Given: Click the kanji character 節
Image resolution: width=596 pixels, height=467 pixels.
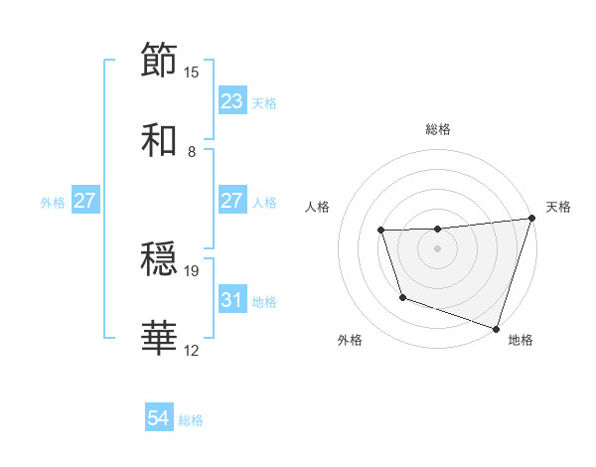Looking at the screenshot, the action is [x=160, y=60].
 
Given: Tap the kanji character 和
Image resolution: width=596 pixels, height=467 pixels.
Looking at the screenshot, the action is [x=160, y=140].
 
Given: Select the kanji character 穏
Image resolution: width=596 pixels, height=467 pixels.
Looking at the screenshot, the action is [x=160, y=259].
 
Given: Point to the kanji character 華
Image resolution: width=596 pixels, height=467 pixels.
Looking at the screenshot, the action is [x=160, y=339].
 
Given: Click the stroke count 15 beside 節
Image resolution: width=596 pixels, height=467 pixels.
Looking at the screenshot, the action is [x=192, y=73].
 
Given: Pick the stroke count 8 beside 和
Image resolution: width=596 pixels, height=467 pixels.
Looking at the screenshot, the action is [x=192, y=152].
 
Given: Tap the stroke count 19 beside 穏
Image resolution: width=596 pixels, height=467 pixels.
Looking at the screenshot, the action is [x=192, y=270].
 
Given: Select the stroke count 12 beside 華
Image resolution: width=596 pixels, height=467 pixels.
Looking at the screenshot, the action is [x=192, y=351].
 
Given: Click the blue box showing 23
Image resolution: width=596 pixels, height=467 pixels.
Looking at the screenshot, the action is [x=231, y=101].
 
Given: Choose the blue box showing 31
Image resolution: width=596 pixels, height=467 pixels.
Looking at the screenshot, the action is [x=231, y=299].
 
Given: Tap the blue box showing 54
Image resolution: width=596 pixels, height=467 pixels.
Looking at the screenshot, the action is [x=159, y=419].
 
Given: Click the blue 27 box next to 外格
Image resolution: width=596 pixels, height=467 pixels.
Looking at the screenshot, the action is [x=84, y=201].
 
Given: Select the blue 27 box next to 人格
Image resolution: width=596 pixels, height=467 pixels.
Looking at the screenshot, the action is [x=231, y=201].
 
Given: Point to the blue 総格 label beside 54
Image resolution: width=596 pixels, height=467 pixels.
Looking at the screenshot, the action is [x=191, y=420].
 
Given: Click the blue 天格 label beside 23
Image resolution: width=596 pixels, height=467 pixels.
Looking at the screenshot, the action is [x=264, y=102].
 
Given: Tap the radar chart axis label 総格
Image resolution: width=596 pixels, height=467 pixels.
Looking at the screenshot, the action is [x=438, y=130].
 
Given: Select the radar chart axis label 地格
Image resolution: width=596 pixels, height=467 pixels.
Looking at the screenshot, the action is [x=521, y=340].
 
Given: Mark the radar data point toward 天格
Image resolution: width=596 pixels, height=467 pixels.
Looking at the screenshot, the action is [x=531, y=219].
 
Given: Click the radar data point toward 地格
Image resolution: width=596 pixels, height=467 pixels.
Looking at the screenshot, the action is [x=496, y=328].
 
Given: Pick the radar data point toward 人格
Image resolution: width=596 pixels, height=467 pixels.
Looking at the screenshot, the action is [x=381, y=231].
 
